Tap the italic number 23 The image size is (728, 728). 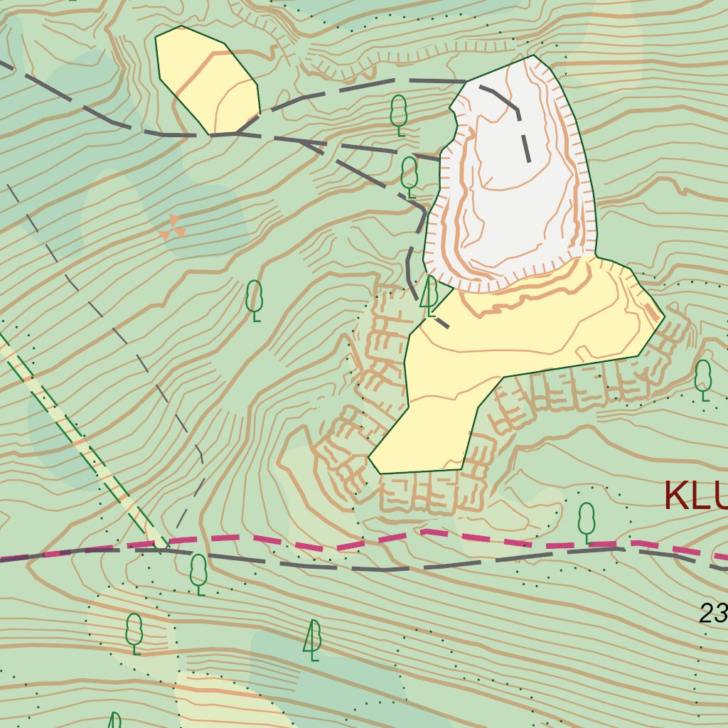click(x=712, y=613)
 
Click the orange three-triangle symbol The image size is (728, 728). click(x=173, y=227)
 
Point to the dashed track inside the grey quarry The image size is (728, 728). click(x=525, y=135)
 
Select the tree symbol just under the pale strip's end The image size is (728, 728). click(x=198, y=573)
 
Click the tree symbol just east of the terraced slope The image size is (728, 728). click(x=702, y=379)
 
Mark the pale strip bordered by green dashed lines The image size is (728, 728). click(x=85, y=448)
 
